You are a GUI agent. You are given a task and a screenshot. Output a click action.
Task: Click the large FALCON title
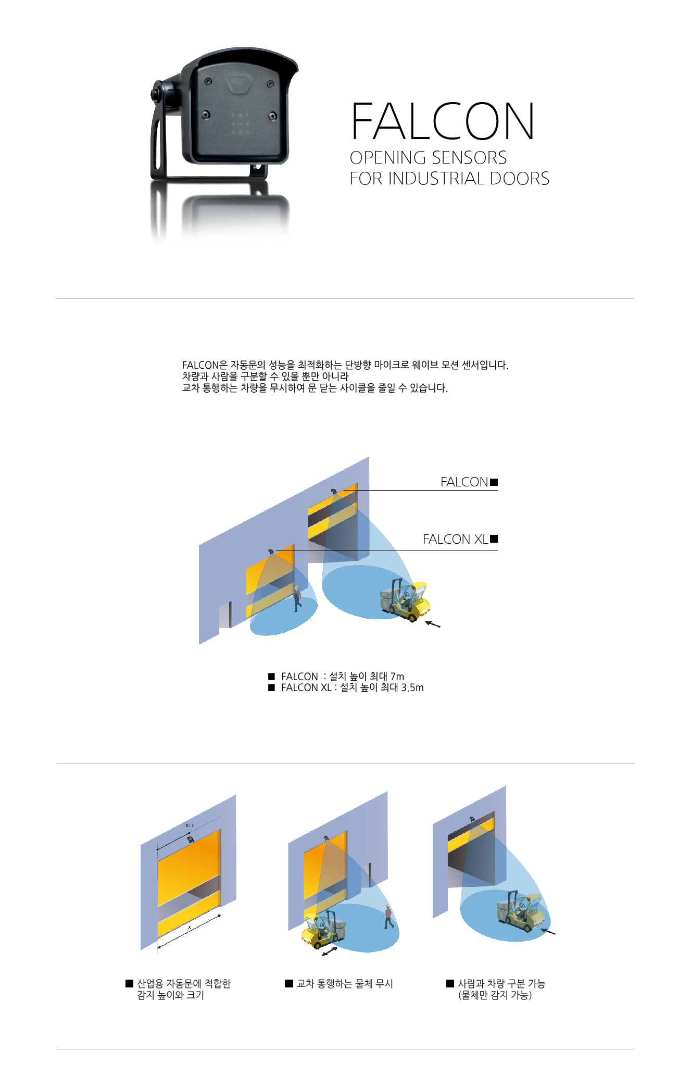[443, 121]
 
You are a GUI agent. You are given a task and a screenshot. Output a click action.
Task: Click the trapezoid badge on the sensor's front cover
[240, 84]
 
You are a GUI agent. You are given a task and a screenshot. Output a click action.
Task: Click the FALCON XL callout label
[455, 539]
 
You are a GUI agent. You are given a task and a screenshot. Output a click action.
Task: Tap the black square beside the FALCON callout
[494, 482]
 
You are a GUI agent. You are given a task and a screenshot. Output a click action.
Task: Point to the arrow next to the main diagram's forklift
[433, 624]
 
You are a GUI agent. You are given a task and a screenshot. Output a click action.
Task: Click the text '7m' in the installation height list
[397, 676]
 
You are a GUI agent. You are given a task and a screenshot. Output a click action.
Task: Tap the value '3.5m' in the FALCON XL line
[412, 687]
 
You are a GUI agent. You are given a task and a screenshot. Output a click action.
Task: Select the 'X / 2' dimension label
[190, 825]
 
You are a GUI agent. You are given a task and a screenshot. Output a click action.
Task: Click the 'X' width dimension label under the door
[189, 928]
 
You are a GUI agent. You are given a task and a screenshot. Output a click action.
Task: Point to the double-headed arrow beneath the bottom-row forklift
[329, 952]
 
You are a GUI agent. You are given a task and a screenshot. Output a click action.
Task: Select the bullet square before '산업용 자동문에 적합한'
[130, 983]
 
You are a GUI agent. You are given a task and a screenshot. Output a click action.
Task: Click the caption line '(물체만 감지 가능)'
[495, 995]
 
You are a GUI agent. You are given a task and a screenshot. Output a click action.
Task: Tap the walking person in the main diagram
[297, 599]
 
